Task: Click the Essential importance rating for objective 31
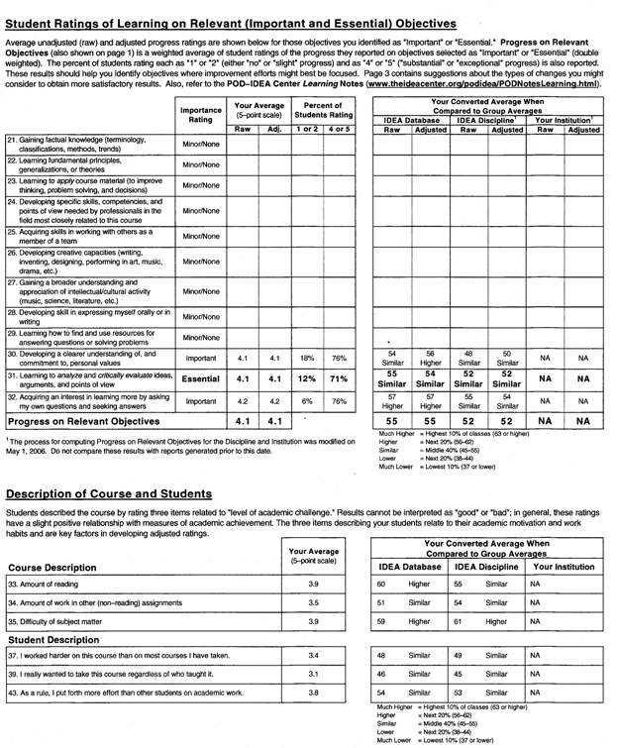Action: (x=201, y=378)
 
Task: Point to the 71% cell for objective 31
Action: (x=340, y=378)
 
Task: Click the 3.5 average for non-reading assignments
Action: (x=313, y=602)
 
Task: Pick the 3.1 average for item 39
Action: (x=313, y=674)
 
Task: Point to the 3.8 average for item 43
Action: (x=313, y=692)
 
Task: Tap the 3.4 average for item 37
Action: (x=313, y=656)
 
